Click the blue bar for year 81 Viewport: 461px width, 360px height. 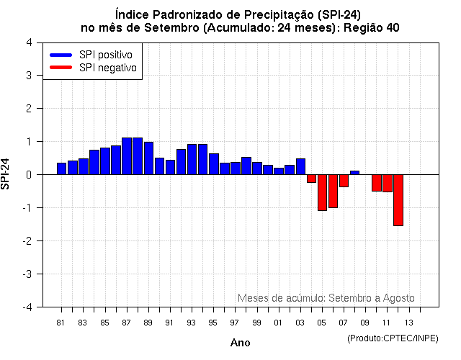61,168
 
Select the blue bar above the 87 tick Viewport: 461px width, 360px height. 127,156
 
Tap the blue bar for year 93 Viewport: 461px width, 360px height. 192,159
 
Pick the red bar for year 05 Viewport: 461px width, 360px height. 322,192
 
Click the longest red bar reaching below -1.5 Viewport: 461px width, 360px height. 398,200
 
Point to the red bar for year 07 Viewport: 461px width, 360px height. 344,181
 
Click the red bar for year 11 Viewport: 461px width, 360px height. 387,183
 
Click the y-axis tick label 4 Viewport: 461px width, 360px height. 28,42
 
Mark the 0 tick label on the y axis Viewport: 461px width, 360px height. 28,175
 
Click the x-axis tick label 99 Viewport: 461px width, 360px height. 256,323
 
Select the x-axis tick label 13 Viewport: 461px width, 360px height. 408,323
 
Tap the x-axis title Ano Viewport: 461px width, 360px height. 240,343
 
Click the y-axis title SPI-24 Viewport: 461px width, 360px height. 6,174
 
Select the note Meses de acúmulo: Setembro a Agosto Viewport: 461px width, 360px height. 326,298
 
